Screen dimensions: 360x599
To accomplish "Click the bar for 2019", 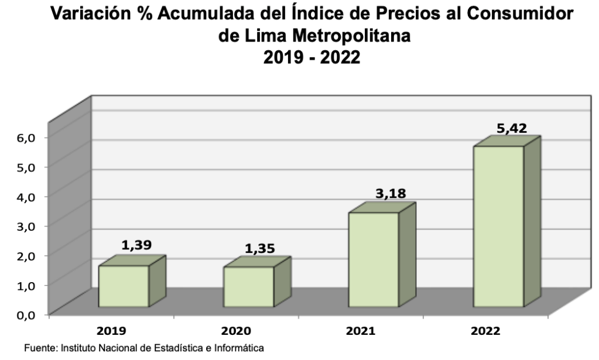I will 123,286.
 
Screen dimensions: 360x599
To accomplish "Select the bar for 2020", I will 249,287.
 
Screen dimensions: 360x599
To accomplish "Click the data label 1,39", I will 136,245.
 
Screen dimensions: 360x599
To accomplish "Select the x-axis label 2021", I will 362,331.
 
